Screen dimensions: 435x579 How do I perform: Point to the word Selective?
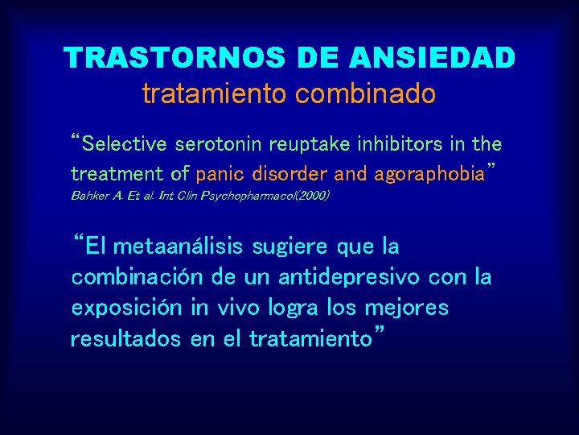pos(123,145)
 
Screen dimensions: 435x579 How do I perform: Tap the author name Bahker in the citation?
pos(90,196)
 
